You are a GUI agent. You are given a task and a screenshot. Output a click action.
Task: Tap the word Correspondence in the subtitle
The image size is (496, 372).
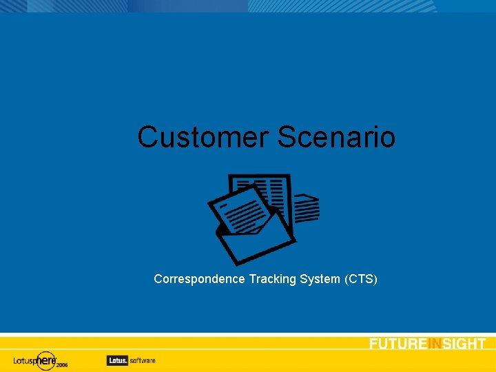[199, 279]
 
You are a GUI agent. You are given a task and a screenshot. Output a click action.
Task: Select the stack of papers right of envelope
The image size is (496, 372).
[307, 207]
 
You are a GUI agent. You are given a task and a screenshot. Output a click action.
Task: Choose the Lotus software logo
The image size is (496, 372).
[131, 360]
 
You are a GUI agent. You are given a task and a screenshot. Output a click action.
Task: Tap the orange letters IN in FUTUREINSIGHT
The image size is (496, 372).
[434, 344]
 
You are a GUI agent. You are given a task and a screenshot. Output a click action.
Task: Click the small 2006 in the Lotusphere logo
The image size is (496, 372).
[62, 365]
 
